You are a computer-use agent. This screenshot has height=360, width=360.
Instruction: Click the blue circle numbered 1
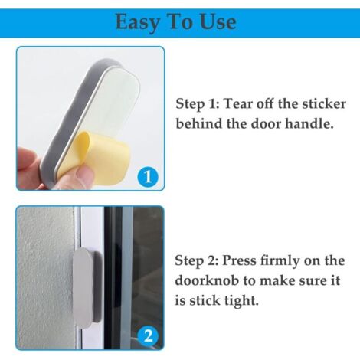(148, 176)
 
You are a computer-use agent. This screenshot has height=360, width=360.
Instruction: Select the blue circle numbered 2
(149, 335)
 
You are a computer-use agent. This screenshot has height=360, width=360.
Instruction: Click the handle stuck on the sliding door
(87, 287)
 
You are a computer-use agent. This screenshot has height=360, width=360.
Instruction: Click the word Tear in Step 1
(237, 104)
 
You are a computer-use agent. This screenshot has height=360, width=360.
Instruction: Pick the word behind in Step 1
(199, 123)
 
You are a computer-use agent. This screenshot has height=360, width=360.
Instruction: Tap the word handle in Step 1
(309, 123)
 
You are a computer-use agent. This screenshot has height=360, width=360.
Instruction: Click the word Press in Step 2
(239, 260)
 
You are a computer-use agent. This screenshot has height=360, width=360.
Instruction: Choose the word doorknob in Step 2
(207, 280)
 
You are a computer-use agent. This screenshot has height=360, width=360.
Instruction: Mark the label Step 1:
(198, 104)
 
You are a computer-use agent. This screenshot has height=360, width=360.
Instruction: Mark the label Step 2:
(197, 261)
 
